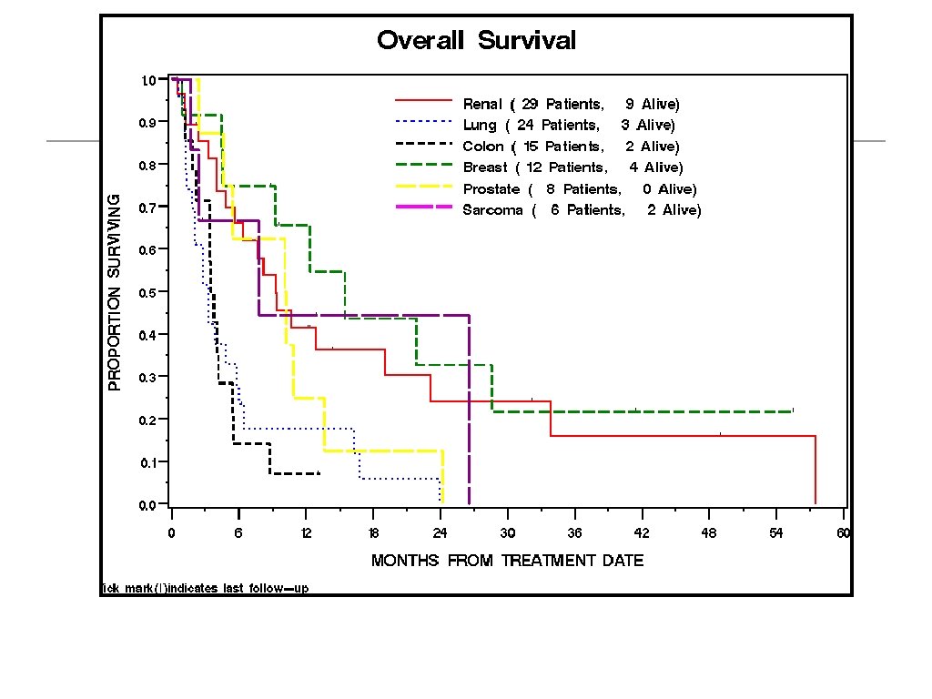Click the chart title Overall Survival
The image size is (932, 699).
click(476, 41)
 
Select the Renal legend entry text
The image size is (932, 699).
click(571, 104)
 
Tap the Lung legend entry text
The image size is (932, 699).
click(569, 125)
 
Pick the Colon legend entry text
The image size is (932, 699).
click(571, 147)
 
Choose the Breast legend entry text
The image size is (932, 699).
click(572, 167)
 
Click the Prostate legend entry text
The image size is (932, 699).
click(580, 189)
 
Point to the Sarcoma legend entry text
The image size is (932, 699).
click(582, 210)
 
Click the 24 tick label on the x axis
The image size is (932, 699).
click(441, 533)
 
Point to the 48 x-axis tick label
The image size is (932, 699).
click(709, 533)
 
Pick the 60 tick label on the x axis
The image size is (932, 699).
click(844, 533)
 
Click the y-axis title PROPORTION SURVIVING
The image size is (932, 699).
click(115, 292)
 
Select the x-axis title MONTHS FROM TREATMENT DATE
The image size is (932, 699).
click(507, 561)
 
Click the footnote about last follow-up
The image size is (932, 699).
click(206, 588)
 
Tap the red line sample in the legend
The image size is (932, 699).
click(422, 100)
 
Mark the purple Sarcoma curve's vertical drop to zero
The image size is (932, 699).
click(469, 410)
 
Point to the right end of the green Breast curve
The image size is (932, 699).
click(793, 411)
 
